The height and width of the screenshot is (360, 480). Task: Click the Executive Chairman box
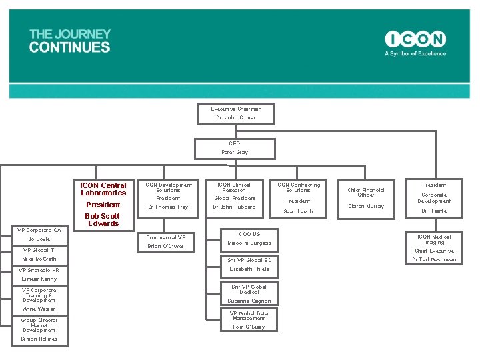(x=236, y=113)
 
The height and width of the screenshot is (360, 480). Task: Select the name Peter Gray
(x=235, y=153)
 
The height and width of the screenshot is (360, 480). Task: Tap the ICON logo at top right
(x=415, y=39)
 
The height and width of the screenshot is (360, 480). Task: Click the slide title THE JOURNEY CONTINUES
(x=70, y=41)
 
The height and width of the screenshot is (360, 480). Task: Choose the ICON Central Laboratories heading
(x=103, y=189)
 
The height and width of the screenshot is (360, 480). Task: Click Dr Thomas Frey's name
(x=168, y=207)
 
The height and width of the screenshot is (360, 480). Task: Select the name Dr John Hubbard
(x=234, y=207)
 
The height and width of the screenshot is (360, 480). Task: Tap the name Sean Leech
(x=298, y=212)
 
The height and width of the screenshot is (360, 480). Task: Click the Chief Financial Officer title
(x=366, y=192)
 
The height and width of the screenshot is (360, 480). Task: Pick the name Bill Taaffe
(x=434, y=211)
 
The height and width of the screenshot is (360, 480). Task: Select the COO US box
(x=249, y=234)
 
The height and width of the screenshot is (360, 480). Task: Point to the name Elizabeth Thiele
(x=249, y=269)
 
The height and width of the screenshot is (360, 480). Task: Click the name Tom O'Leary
(x=248, y=327)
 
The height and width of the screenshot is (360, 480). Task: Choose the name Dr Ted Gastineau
(x=434, y=260)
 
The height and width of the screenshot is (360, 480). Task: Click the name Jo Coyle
(x=39, y=239)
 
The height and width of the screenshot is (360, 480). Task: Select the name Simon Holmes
(x=39, y=339)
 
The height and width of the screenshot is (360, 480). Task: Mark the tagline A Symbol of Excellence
(x=415, y=54)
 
